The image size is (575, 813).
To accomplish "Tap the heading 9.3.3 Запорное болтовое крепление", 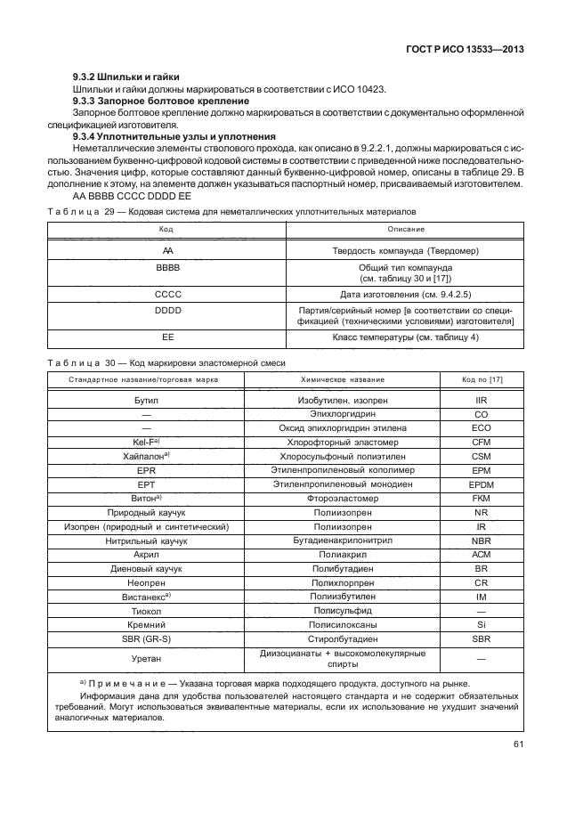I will click(x=148, y=103).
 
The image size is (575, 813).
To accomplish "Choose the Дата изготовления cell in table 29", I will click(x=404, y=292).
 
